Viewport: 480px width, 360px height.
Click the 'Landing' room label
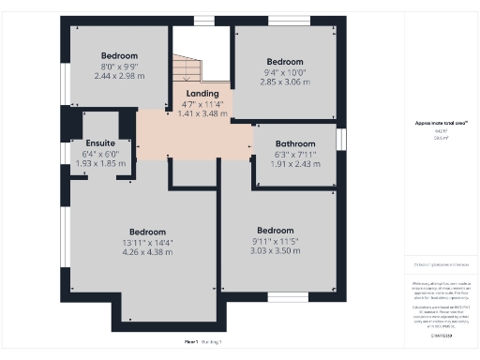[x=202, y=94]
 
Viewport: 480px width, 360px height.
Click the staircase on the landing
[x=187, y=68]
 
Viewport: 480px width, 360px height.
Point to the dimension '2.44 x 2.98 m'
[x=119, y=76]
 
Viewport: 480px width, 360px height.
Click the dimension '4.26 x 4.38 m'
[x=147, y=251]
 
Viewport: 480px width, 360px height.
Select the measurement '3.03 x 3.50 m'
[x=275, y=250]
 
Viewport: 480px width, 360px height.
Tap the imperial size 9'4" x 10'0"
[x=284, y=72]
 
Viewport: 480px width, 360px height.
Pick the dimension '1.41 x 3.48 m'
[x=202, y=113]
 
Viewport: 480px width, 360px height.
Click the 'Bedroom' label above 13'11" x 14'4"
[x=147, y=232]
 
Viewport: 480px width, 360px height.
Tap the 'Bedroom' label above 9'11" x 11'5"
[x=275, y=231]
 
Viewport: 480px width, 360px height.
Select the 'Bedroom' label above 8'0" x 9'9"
[x=119, y=56]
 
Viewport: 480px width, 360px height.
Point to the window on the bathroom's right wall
[x=341, y=139]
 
